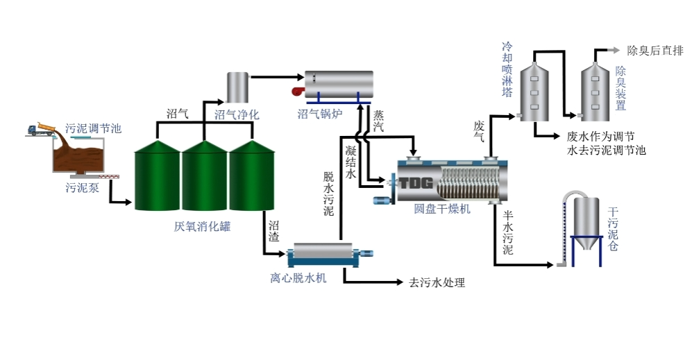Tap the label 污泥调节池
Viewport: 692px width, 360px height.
click(x=93, y=128)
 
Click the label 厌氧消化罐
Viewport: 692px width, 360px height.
click(x=202, y=226)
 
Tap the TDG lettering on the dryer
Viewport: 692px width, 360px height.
click(x=414, y=183)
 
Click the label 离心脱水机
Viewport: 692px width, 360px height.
click(x=298, y=278)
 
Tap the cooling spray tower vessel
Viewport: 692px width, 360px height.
click(x=534, y=90)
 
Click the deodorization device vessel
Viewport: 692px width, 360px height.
click(x=595, y=90)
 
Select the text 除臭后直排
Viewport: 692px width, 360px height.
click(x=655, y=50)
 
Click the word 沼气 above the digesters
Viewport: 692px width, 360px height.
click(x=177, y=114)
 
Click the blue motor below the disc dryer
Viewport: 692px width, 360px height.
click(x=383, y=200)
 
